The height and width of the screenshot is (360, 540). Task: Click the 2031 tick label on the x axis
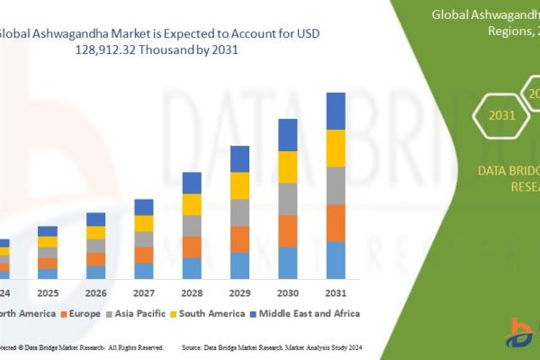tap(335, 293)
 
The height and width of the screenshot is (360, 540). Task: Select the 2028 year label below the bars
tap(192, 293)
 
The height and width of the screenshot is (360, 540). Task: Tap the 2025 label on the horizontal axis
tap(48, 293)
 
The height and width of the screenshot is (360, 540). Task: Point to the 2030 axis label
tap(287, 293)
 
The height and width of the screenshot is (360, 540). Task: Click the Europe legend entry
tap(81, 313)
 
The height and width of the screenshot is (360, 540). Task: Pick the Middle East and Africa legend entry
tap(309, 313)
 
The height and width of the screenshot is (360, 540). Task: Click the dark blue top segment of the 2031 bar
tap(336, 111)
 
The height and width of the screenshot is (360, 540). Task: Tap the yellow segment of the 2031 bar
tap(336, 148)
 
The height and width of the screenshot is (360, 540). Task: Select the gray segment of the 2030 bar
tap(288, 199)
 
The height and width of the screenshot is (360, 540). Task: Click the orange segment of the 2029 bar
tap(239, 238)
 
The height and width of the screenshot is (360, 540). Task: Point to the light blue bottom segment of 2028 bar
tap(192, 268)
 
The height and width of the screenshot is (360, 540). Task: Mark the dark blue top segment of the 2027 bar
tap(144, 207)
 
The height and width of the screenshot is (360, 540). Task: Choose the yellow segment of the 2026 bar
tap(95, 232)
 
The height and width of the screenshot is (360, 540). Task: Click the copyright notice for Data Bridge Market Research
tap(81, 346)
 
